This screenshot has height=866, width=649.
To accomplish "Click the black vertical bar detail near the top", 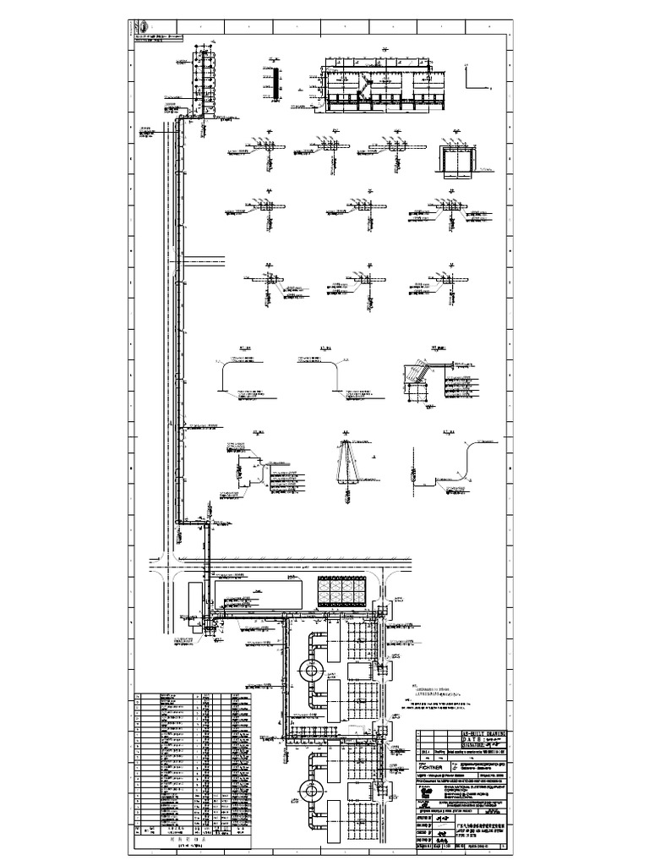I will pos(275,81).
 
